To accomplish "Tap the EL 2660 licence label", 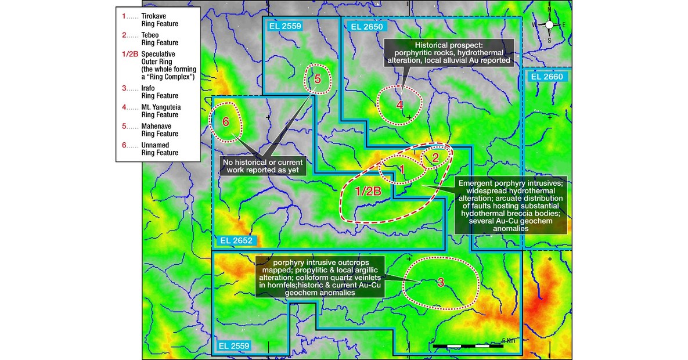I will tap(545, 76).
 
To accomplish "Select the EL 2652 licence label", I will tap(236, 239).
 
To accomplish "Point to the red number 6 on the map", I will tap(226, 122).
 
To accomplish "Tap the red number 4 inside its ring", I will tap(399, 105).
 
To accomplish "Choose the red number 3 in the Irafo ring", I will tap(441, 283).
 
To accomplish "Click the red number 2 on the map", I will tap(437, 156).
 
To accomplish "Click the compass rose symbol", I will tap(549, 24).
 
